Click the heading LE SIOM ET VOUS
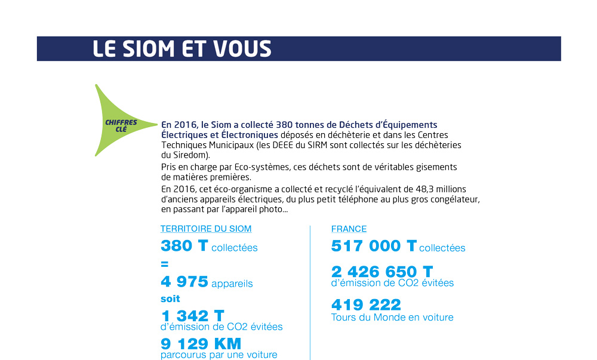tap(181, 49)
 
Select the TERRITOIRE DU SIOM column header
tap(206, 229)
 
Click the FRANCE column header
tap(349, 229)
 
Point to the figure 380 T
tap(184, 246)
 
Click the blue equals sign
tap(165, 264)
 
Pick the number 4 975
tap(184, 282)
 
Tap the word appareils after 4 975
tap(232, 284)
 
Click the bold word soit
tap(170, 299)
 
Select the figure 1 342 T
tap(192, 316)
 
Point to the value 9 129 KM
tap(201, 344)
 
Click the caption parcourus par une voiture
tap(219, 355)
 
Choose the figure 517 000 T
tap(374, 246)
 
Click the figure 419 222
tap(366, 304)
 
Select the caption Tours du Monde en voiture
tap(392, 317)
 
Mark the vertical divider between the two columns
tap(310, 293)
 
